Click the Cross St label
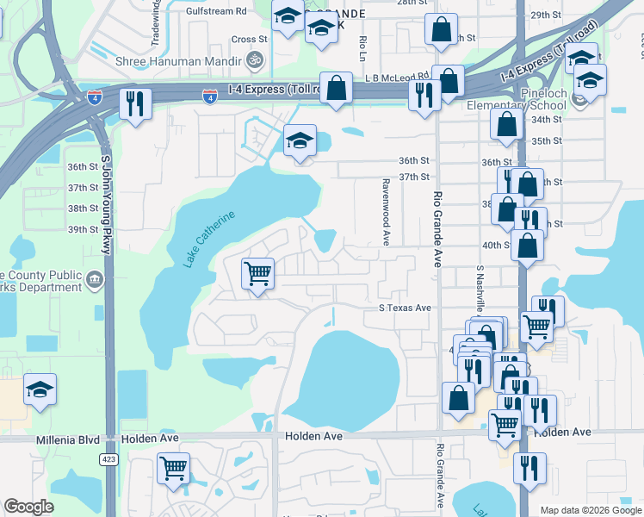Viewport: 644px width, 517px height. (x=250, y=39)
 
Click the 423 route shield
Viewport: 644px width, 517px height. (x=108, y=459)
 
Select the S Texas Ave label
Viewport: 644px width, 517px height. (x=405, y=308)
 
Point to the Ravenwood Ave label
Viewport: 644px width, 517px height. (x=387, y=211)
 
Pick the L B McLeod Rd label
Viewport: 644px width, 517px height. (x=396, y=78)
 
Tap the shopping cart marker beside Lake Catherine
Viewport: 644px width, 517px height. (x=258, y=274)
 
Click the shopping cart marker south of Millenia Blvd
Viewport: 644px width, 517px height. (x=174, y=469)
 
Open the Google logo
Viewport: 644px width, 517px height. (x=29, y=507)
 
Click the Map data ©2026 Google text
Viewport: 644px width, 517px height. (x=590, y=510)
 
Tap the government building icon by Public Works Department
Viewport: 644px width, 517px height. (x=95, y=279)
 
